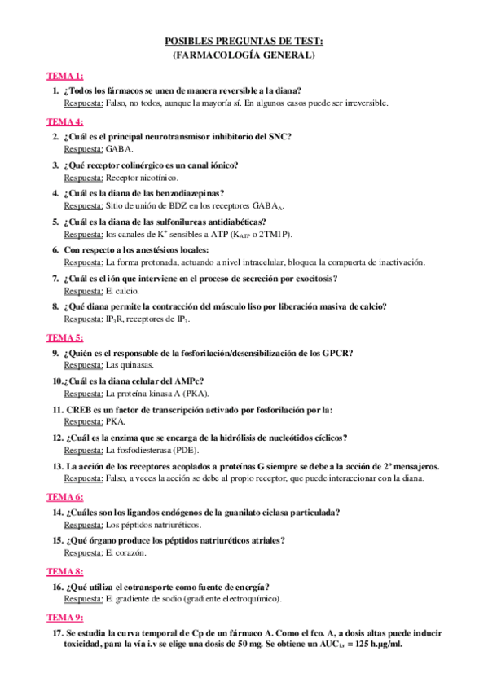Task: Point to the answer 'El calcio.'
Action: point(122,292)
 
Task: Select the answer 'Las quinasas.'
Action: point(130,366)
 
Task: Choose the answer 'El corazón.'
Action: point(125,553)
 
